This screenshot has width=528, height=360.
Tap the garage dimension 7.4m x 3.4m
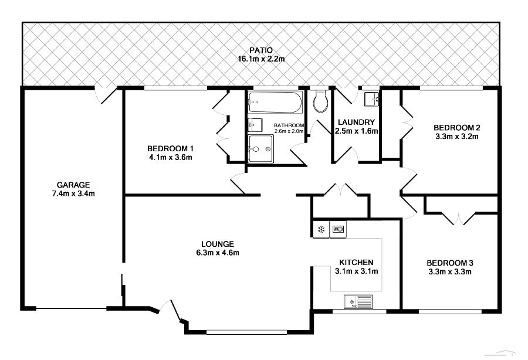(72, 193)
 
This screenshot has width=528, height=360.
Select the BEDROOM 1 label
(170, 148)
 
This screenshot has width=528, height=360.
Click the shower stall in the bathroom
(260, 149)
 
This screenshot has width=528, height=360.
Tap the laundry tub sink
(371, 100)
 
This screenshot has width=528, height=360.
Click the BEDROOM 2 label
(457, 128)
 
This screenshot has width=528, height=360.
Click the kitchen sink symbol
(358, 302)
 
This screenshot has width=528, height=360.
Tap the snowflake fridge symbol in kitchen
(321, 229)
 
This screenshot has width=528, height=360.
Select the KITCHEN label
(356, 262)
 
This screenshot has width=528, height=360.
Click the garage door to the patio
(107, 94)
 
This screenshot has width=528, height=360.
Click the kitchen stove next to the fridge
(339, 229)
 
